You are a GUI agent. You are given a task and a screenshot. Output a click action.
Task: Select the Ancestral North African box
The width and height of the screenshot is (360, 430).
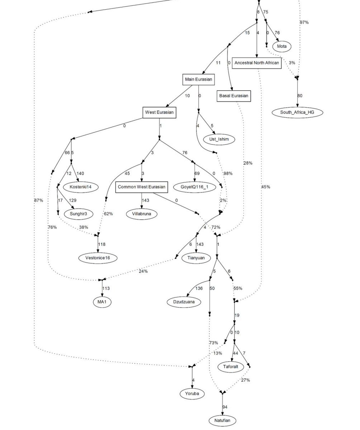point(256,63)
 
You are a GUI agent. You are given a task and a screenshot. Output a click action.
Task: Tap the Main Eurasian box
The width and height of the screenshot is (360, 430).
point(198,79)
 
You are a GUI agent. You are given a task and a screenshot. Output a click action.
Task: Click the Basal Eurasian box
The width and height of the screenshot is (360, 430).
point(233,96)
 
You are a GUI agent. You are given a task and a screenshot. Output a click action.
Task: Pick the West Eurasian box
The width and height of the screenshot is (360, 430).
point(159,113)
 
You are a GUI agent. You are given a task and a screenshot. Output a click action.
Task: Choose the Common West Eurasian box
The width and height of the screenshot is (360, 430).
point(142,187)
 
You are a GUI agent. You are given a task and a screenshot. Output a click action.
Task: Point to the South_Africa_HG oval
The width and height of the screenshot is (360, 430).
point(297,113)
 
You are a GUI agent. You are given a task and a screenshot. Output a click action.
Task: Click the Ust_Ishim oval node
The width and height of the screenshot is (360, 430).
point(219,139)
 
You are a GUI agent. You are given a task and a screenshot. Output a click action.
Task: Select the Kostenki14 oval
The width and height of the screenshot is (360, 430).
point(81,187)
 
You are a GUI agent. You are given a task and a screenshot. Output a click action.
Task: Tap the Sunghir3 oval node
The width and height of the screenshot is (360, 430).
point(79,214)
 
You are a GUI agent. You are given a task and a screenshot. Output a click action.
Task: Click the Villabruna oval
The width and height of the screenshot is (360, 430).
point(142,214)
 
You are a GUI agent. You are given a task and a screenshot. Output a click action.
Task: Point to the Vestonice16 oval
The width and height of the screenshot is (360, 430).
point(98,257)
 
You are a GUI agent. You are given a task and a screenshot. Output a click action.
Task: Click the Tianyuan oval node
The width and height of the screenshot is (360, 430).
point(196,257)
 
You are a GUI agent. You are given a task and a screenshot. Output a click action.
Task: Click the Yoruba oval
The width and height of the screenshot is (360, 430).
point(192,393)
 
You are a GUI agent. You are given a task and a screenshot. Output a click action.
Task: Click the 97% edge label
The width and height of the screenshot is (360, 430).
point(304,22)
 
